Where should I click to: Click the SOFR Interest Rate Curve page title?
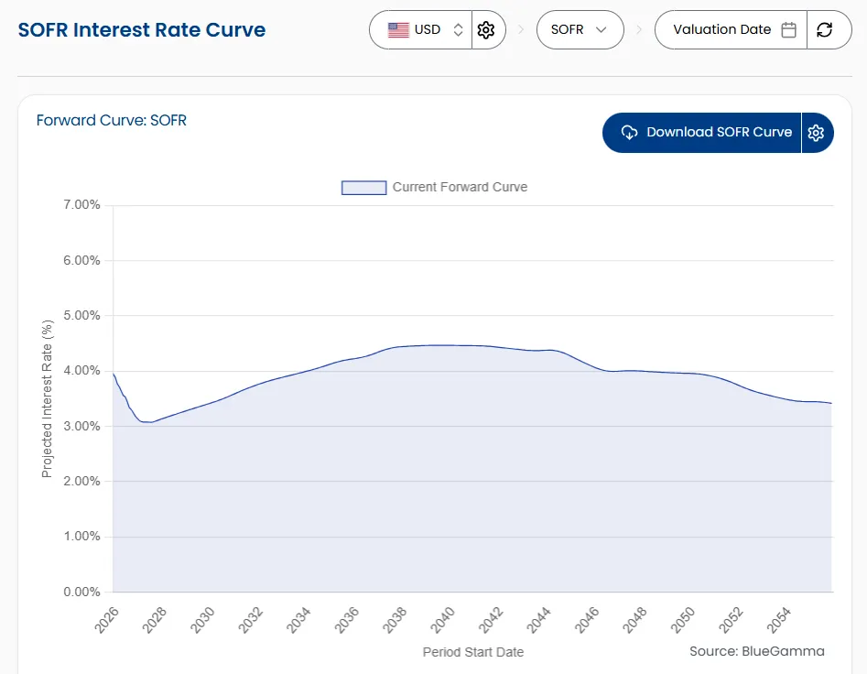click(x=142, y=29)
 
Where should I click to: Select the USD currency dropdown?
click(x=421, y=30)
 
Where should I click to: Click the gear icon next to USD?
click(x=486, y=30)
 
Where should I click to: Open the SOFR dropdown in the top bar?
click(x=580, y=30)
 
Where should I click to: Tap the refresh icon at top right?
click(x=824, y=30)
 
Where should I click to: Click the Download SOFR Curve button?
click(x=702, y=133)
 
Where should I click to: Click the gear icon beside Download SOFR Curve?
click(x=817, y=133)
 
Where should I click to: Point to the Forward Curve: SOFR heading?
click(x=112, y=120)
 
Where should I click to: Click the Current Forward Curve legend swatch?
click(x=363, y=188)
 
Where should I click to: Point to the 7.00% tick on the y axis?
click(x=81, y=205)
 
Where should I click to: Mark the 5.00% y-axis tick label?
click(x=81, y=316)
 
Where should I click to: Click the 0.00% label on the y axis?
click(x=81, y=592)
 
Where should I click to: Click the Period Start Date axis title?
click(x=472, y=652)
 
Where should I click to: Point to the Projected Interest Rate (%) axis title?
click(x=48, y=398)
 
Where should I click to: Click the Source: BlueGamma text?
click(x=756, y=651)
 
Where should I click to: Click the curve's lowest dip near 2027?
click(x=147, y=422)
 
